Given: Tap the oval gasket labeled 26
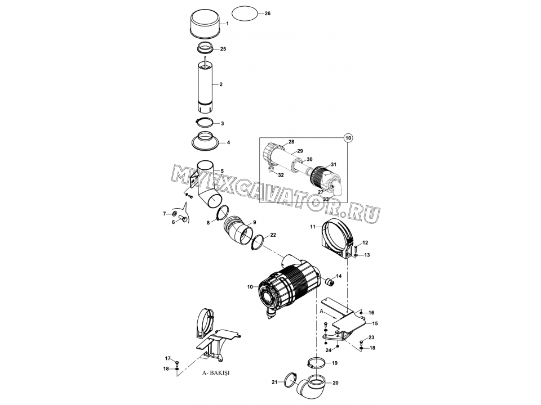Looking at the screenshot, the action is click(245, 14).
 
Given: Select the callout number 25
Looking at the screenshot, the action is click(223, 49).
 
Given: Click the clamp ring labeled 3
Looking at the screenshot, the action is click(206, 122).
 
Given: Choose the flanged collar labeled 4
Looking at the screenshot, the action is click(206, 141).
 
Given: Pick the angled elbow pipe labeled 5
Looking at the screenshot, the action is click(206, 184).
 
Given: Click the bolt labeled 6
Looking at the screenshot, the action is click(184, 218).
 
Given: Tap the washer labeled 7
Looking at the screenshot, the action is click(175, 214).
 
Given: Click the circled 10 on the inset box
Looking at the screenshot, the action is click(348, 138).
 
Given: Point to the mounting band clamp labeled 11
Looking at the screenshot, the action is click(337, 240).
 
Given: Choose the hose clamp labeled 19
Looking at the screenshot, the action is click(316, 362).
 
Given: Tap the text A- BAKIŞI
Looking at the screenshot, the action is click(216, 372).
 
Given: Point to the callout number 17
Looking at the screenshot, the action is click(167, 358).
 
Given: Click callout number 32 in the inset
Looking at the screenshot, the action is click(281, 175).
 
